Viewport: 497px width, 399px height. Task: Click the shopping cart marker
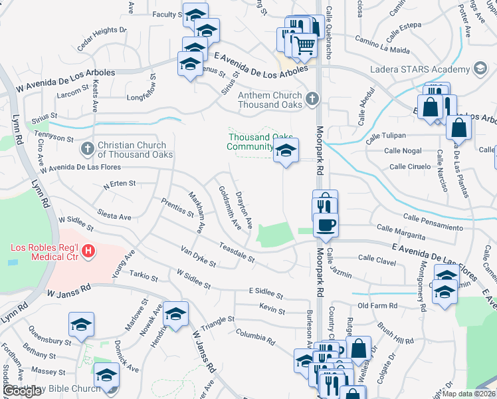pos(305,45)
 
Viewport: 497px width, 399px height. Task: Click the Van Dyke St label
pos(199,255)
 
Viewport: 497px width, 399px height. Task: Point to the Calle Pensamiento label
pos(433,222)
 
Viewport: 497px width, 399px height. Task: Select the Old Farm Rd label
pos(377,306)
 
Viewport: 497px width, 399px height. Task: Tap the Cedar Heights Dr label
pos(101,39)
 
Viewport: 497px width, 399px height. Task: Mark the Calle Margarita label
pos(401,231)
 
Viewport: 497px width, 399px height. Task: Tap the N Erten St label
pos(119,184)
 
